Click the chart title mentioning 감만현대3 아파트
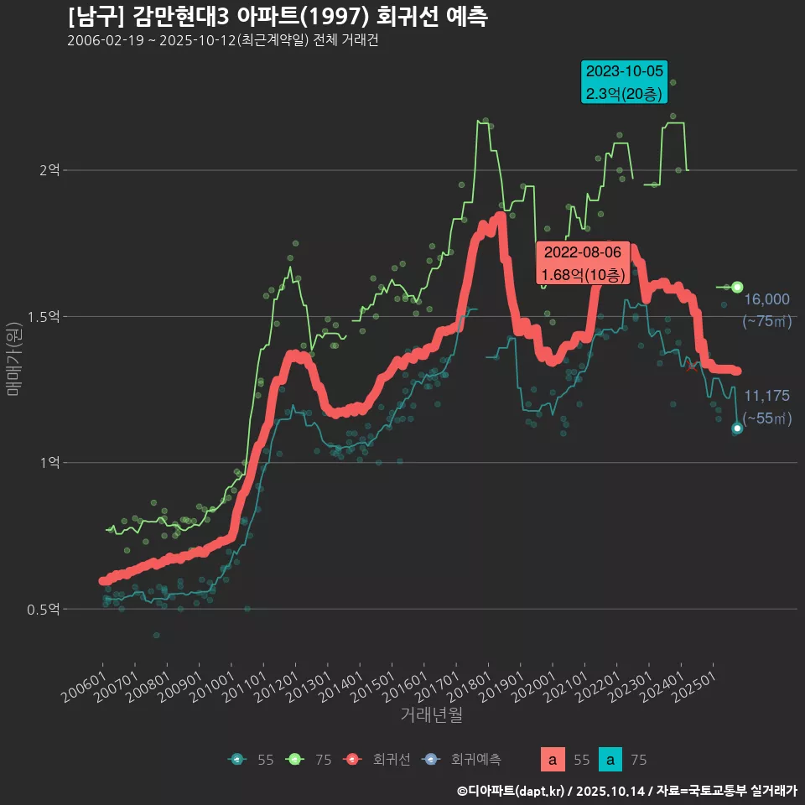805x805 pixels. [278, 17]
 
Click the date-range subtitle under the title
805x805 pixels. [222, 41]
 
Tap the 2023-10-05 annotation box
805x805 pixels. [625, 82]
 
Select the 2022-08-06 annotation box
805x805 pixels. [583, 263]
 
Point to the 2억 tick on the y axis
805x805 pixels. [49, 170]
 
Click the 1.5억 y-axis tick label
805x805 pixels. [44, 316]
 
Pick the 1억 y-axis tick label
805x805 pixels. [49, 462]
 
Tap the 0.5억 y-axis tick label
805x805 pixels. [44, 609]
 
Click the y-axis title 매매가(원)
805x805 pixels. [13, 356]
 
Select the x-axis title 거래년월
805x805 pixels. [431, 714]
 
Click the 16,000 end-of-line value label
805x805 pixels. [766, 299]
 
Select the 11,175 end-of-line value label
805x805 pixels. [766, 396]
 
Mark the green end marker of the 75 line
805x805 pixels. [737, 287]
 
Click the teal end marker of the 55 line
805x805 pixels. [737, 428]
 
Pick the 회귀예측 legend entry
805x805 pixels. [464, 760]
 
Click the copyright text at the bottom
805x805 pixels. [626, 790]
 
